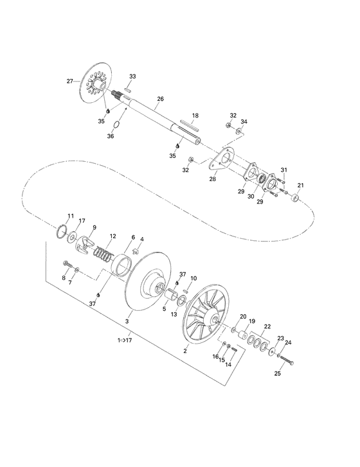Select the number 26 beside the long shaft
[x=161, y=98]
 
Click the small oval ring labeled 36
[x=115, y=123]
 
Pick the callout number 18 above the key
[x=195, y=116]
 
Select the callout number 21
[x=300, y=186]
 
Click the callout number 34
[x=244, y=121]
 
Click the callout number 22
[x=267, y=326]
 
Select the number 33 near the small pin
[x=133, y=76]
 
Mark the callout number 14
[x=228, y=364]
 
